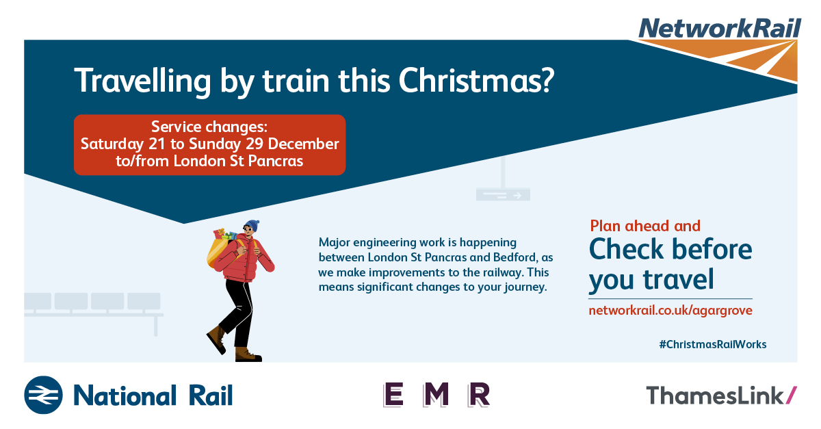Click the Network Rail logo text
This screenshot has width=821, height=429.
pyautogui.click(x=720, y=29)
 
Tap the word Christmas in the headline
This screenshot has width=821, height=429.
pyautogui.click(x=476, y=80)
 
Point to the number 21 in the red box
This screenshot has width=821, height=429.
pyautogui.click(x=157, y=144)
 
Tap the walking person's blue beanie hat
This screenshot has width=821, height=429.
pyautogui.click(x=252, y=225)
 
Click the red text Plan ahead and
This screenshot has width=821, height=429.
pyautogui.click(x=645, y=226)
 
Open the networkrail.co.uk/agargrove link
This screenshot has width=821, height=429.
pyautogui.click(x=670, y=311)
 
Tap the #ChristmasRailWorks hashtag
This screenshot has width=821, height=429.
pyautogui.click(x=712, y=344)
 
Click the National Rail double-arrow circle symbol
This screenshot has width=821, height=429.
pyautogui.click(x=43, y=395)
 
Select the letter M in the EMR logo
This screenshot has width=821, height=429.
pyautogui.click(x=436, y=395)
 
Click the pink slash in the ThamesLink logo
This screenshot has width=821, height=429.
pyautogui.click(x=792, y=395)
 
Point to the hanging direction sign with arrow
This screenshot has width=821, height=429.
pyautogui.click(x=503, y=194)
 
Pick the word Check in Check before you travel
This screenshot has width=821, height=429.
pyautogui.click(x=626, y=249)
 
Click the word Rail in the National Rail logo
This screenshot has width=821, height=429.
pyautogui.click(x=211, y=395)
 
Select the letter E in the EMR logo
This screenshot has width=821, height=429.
pyautogui.click(x=393, y=395)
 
